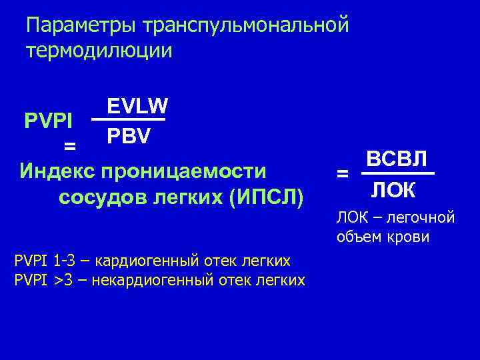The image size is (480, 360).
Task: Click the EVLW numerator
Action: pyautogui.click(x=137, y=106)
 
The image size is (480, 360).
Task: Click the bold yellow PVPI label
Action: pyautogui.click(x=49, y=121)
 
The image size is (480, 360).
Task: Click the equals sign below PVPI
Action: pyautogui.click(x=69, y=145)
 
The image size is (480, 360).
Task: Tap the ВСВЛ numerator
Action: pyautogui.click(x=397, y=161)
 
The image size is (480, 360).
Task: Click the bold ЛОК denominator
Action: pyautogui.click(x=393, y=191)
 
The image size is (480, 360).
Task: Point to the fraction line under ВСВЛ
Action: pyautogui.click(x=397, y=175)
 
